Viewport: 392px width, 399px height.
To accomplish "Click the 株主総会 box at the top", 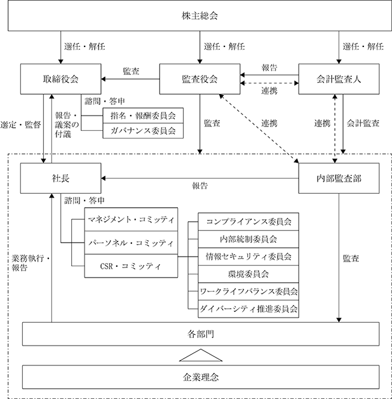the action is (x=199, y=15).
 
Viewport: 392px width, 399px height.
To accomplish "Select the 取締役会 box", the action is (x=61, y=79).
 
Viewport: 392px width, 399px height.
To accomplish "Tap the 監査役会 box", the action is (x=199, y=79).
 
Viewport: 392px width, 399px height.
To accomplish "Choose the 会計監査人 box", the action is (x=339, y=79).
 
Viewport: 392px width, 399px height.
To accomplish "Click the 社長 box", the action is (x=61, y=178).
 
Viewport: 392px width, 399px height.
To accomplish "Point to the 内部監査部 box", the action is (x=339, y=178).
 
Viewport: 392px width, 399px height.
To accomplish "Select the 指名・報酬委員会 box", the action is (x=143, y=116).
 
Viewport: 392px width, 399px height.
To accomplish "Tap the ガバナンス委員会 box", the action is (x=143, y=131).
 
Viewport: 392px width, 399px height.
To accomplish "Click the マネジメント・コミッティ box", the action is (x=131, y=219).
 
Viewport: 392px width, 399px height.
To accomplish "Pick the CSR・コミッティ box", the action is (x=131, y=266).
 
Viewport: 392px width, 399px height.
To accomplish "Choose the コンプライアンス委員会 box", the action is (x=248, y=222).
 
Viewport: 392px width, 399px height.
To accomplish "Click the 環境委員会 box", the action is (x=248, y=274).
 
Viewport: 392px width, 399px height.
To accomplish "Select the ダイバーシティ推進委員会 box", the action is (x=248, y=309).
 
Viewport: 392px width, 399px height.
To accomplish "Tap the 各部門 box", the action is (x=201, y=334).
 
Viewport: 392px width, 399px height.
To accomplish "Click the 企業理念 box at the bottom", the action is (x=201, y=377).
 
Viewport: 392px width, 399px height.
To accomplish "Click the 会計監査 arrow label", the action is (x=363, y=123).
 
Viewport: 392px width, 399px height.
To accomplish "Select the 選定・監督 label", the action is (x=20, y=125).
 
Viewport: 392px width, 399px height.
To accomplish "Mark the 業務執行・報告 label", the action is (x=30, y=263).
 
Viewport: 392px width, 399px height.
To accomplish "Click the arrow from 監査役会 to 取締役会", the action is (x=130, y=79).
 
